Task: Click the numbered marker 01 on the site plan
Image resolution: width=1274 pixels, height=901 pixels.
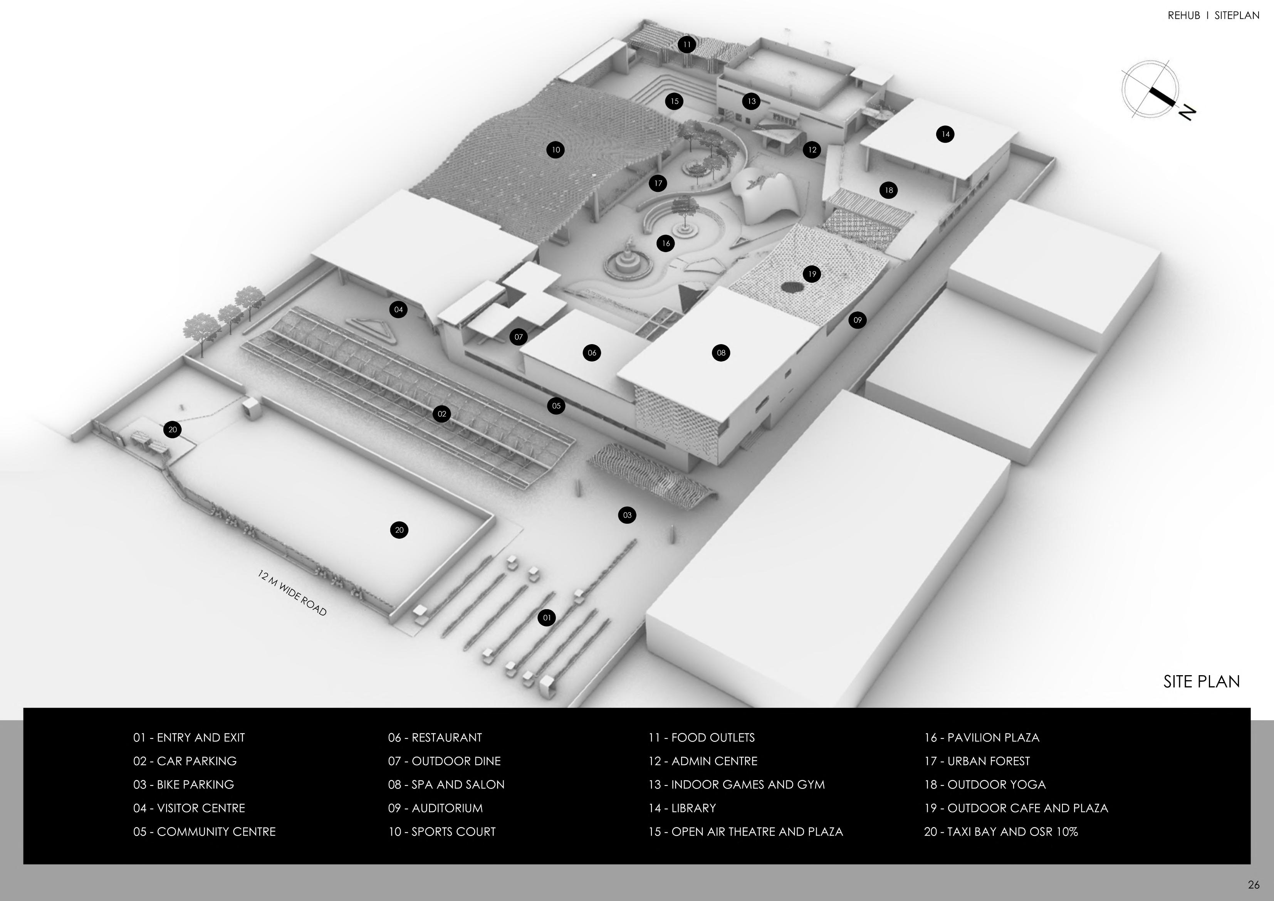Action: click(x=547, y=617)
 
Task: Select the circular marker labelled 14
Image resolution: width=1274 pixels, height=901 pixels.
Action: click(x=945, y=134)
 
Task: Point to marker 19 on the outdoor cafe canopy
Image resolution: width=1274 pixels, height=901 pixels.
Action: click(x=812, y=274)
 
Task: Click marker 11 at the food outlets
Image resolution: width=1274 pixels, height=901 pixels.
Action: click(x=687, y=44)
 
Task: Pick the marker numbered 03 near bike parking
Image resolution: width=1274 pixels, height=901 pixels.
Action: click(x=627, y=515)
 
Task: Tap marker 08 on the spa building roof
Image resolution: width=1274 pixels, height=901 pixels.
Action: click(x=721, y=353)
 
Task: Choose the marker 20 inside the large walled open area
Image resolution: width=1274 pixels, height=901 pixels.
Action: click(x=399, y=530)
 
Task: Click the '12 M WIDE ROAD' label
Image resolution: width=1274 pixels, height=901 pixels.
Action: click(x=292, y=593)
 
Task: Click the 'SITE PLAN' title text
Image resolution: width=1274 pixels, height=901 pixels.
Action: click(x=1201, y=682)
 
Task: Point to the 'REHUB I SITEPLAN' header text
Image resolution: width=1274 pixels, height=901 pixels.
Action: click(x=1213, y=15)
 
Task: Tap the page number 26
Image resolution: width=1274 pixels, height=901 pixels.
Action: click(x=1254, y=885)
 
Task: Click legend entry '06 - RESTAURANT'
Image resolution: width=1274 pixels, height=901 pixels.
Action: click(x=435, y=738)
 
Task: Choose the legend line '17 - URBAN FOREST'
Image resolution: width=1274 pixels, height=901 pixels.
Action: click(x=977, y=761)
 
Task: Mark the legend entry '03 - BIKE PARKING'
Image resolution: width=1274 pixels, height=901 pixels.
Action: click(x=184, y=784)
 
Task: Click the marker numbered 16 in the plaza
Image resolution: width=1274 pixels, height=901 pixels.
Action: click(x=665, y=243)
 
